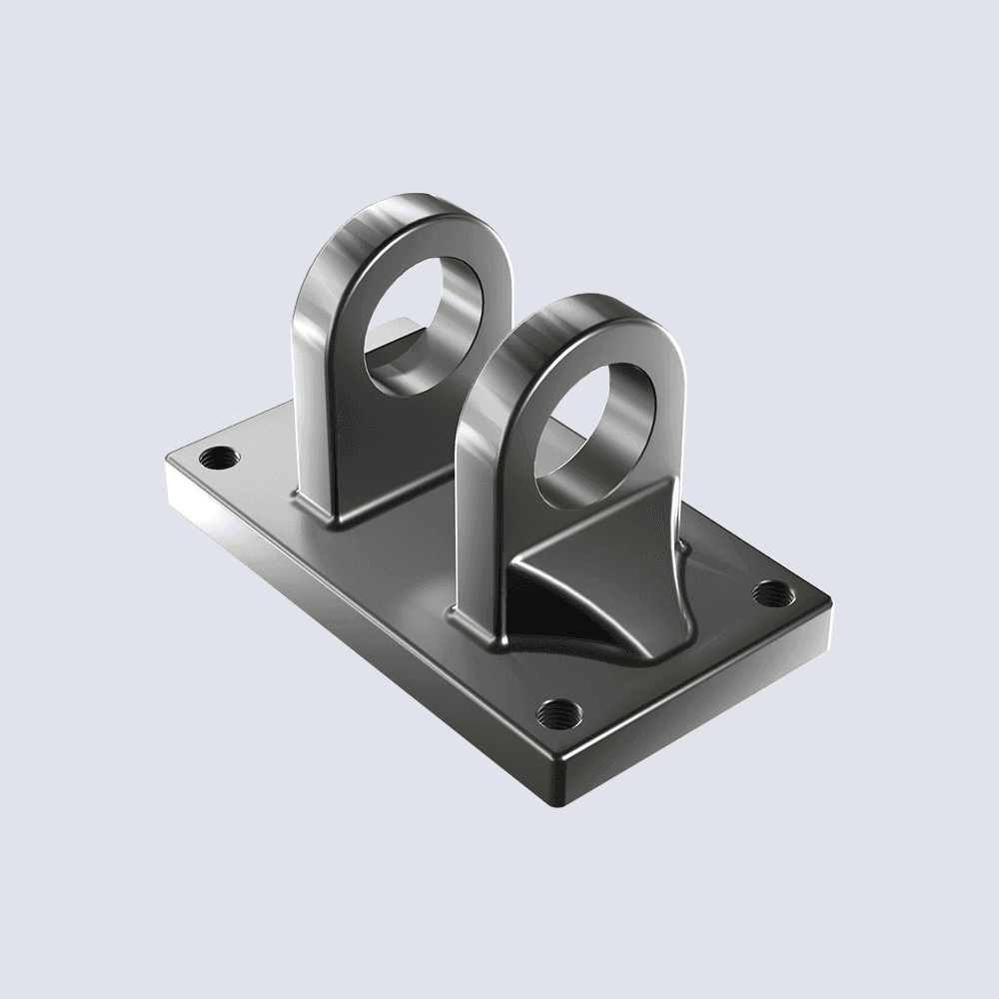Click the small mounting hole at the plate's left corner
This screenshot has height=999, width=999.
coord(219,459)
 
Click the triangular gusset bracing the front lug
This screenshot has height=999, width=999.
coord(609,529)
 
